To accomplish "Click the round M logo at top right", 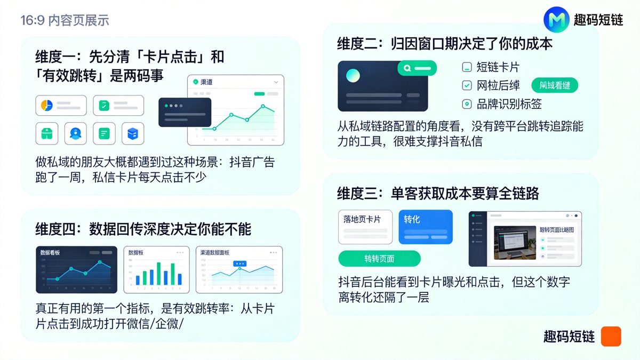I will tap(557, 20).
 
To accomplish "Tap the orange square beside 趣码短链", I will tap(611, 337).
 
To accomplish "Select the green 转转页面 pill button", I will tap(379, 259).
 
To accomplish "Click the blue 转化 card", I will tap(425, 227).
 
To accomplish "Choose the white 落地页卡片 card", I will tap(365, 227).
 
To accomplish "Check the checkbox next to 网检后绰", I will tap(467, 85).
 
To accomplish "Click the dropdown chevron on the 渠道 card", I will tap(276, 82).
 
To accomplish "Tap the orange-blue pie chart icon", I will tap(46, 106).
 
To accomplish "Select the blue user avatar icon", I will tap(75, 133).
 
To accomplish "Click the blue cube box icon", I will tap(132, 133).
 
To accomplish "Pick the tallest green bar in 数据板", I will tap(158, 273).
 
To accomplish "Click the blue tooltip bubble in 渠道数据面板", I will tap(240, 263).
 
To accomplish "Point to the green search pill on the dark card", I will tap(417, 68).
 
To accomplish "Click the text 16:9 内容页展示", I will tap(65, 21).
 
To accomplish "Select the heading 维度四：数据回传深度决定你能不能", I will tap(143, 229).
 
